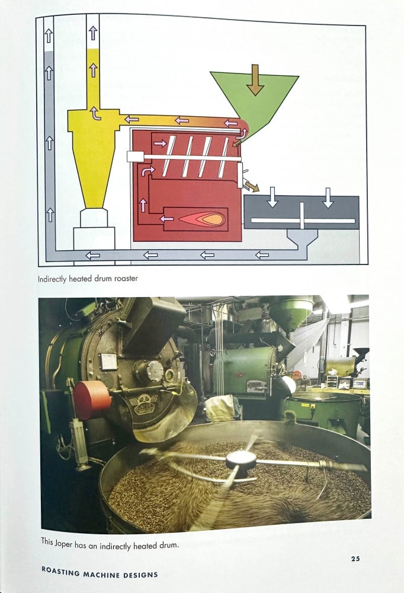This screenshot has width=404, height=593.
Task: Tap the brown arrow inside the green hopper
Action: pyautogui.click(x=255, y=80)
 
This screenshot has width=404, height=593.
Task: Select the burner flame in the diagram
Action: pyautogui.click(x=202, y=219)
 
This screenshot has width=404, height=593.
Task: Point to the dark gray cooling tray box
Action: pyautogui.click(x=301, y=212)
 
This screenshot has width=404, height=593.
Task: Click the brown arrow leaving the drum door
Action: pyautogui.click(x=252, y=185)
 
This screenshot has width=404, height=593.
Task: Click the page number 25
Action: pyautogui.click(x=355, y=558)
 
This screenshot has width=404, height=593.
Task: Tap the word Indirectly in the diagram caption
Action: pyautogui.click(x=52, y=279)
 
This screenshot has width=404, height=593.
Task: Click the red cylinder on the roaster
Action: pyautogui.click(x=91, y=400)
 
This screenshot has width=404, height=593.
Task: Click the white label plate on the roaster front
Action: pyautogui.click(x=109, y=361)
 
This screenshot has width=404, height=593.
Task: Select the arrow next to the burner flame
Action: pyautogui.click(x=166, y=219)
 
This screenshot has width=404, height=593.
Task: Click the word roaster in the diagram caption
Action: pyautogui.click(x=126, y=279)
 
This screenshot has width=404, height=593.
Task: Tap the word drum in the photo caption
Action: pyautogui.click(x=169, y=546)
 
